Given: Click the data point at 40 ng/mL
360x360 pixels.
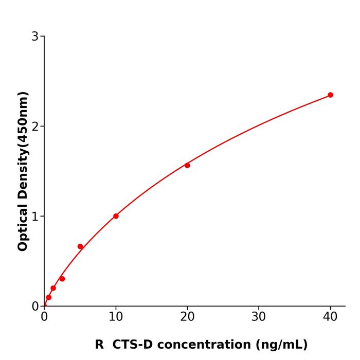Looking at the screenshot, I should [330, 95].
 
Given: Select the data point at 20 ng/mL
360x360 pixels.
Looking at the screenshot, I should [187, 165].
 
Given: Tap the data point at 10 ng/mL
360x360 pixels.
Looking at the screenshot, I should [116, 216].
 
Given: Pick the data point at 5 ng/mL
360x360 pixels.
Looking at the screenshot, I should [80, 246].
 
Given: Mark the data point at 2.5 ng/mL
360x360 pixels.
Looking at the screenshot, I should [62, 279].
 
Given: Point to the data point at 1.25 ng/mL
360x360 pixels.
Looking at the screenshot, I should [53, 288].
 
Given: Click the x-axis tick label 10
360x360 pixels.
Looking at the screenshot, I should [116, 317].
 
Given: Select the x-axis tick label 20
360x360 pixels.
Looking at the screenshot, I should [187, 317].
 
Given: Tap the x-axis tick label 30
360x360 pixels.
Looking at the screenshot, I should [259, 317].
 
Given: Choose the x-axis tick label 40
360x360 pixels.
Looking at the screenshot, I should [330, 317].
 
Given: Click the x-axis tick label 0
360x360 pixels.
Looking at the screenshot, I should [44, 317].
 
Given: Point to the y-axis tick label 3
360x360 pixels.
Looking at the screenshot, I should [35, 37].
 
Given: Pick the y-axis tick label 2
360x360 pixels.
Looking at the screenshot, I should [35, 127].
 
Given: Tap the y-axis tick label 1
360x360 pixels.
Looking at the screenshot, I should [35, 217].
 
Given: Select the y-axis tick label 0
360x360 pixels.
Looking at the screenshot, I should [35, 307].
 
